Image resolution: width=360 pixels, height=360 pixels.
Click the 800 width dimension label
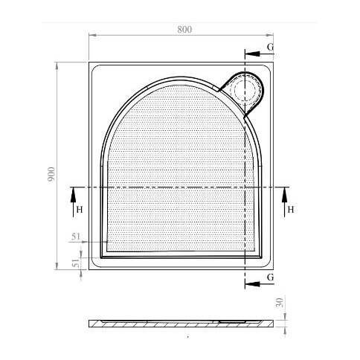[x=184, y=29]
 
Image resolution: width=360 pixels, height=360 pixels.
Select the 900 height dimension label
[x=51, y=175]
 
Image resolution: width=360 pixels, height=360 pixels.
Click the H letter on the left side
[x=78, y=210]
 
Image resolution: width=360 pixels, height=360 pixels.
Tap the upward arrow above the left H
[x=73, y=195]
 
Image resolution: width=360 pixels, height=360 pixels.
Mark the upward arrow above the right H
[x=284, y=195]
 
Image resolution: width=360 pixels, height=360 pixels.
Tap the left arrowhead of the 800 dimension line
[x=91, y=35]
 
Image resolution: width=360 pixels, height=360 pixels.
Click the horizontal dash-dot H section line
[x=179, y=187]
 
